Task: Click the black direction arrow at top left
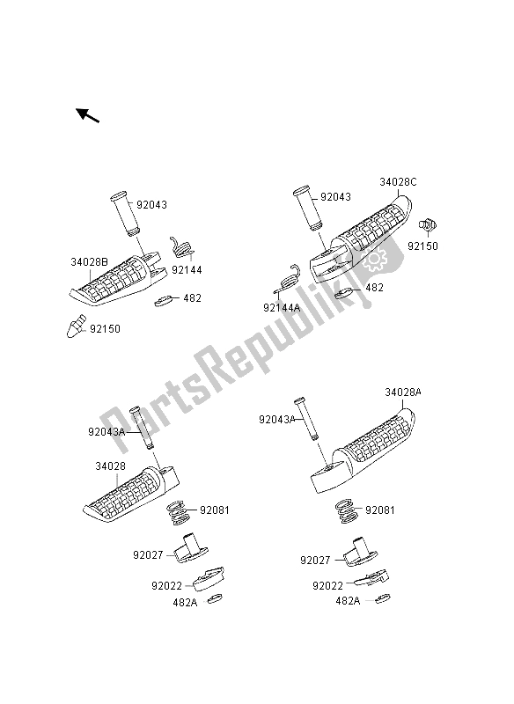(87, 115)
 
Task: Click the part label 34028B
(89, 261)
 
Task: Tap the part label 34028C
(398, 182)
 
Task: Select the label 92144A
(282, 307)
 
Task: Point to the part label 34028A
(403, 392)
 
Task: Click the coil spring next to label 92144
(181, 247)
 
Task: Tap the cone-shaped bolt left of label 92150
(76, 326)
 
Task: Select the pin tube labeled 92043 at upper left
(124, 214)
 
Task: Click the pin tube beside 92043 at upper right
(307, 209)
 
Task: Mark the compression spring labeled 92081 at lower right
(347, 511)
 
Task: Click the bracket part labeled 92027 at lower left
(190, 547)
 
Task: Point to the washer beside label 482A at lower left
(215, 598)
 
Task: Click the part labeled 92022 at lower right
(372, 578)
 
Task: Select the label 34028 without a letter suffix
(110, 466)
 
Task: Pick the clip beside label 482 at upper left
(165, 300)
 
